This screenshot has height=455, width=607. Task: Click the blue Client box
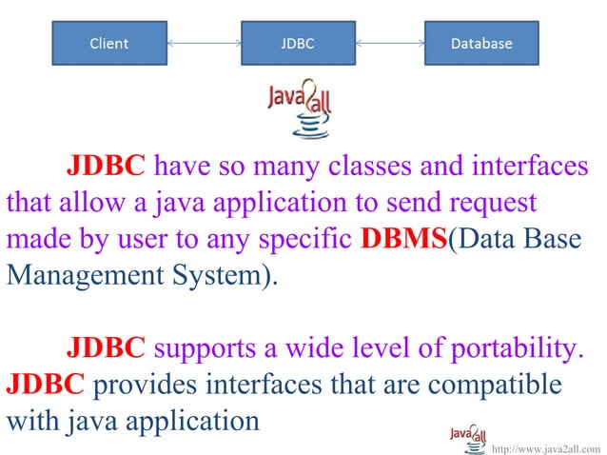tap(108, 43)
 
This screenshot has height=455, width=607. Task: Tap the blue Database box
tap(480, 43)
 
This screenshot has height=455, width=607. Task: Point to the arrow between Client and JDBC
tap(202, 43)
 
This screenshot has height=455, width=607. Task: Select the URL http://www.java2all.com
tap(547, 447)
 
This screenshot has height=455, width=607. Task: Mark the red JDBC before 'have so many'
tap(105, 168)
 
